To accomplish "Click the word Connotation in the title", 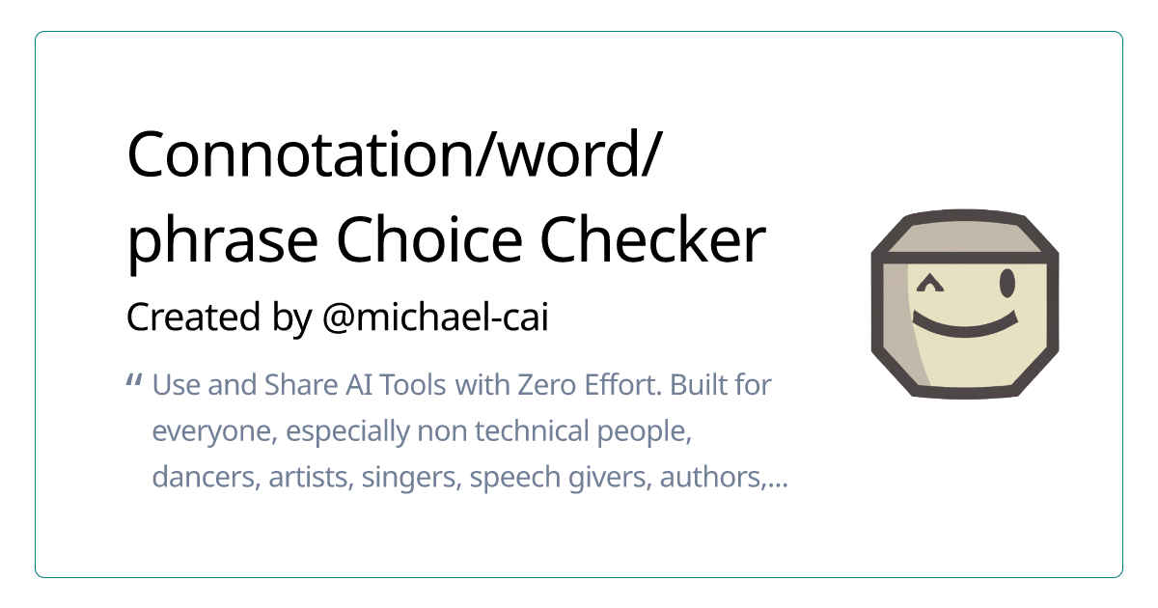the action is pyautogui.click(x=300, y=155).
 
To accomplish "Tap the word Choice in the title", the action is pyautogui.click(x=429, y=240).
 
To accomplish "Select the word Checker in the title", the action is pyautogui.click(x=653, y=240).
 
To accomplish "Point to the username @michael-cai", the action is pyautogui.click(x=435, y=317).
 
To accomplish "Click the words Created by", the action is pyautogui.click(x=219, y=317).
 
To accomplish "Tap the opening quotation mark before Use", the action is pyautogui.click(x=134, y=381).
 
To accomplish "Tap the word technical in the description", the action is pyautogui.click(x=532, y=430).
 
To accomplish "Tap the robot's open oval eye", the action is pyautogui.click(x=1007, y=284).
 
